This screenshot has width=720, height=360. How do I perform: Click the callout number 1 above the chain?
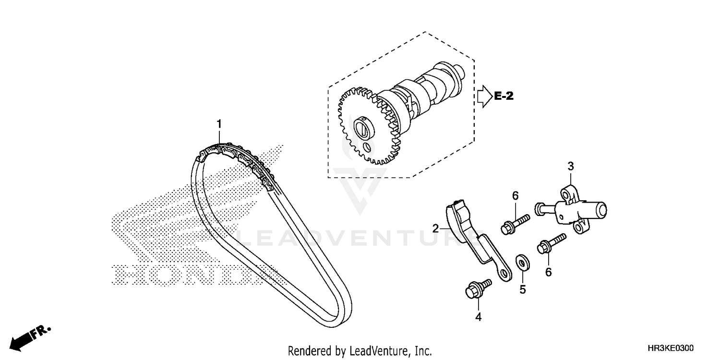(219, 124)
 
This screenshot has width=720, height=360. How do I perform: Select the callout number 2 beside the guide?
(435, 229)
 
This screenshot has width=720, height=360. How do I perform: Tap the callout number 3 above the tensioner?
(571, 166)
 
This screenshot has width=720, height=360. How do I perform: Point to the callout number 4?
(478, 317)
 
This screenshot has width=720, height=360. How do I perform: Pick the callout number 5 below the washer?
(523, 289)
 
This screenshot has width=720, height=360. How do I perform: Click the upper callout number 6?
(515, 195)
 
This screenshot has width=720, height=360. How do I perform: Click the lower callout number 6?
(548, 272)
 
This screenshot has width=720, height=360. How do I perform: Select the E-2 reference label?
(504, 96)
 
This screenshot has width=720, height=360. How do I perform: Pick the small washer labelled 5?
(520, 262)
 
